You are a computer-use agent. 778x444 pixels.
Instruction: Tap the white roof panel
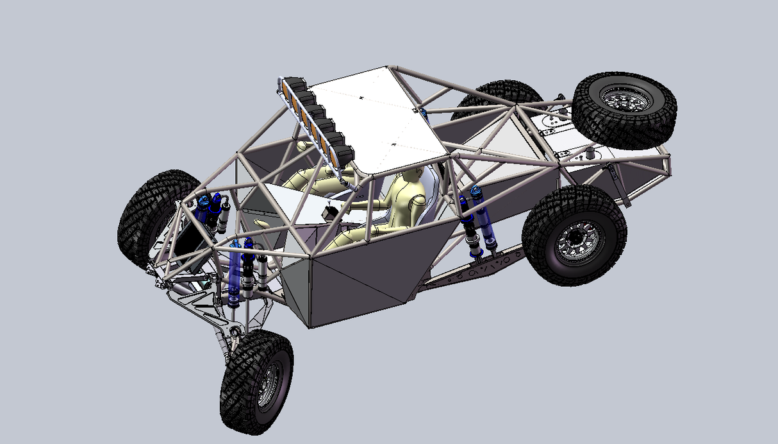[378, 115]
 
